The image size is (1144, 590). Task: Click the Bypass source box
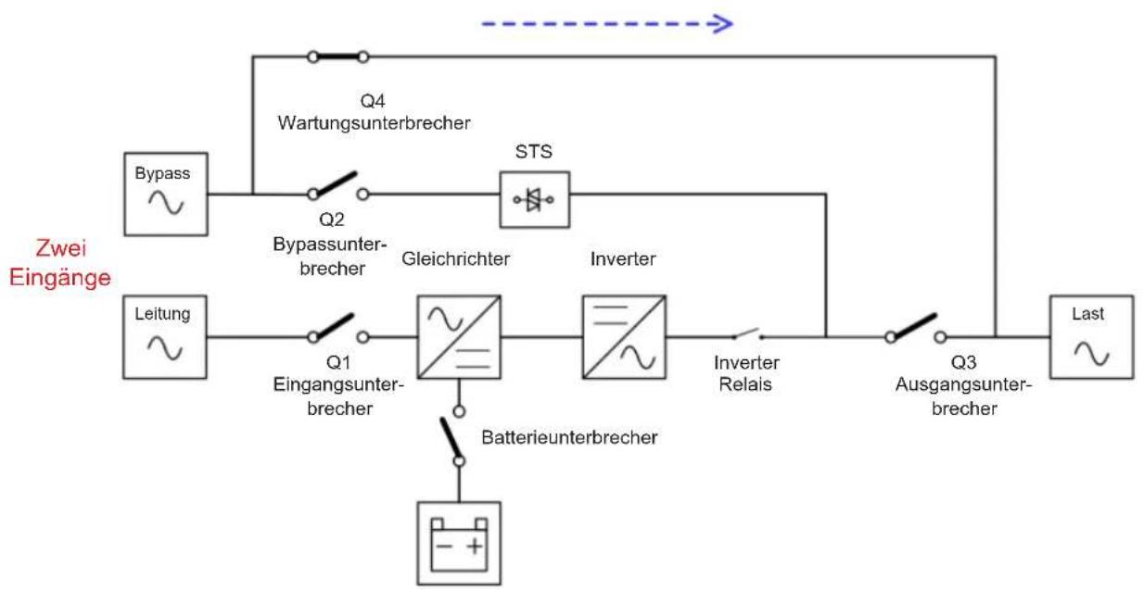(x=166, y=194)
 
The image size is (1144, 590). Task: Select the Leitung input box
(x=165, y=337)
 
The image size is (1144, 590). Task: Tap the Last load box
(x=1092, y=337)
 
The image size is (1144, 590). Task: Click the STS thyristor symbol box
(x=535, y=199)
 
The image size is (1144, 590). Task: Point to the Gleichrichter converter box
(x=459, y=337)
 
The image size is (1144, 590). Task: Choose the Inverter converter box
(x=624, y=337)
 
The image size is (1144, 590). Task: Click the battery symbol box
(x=459, y=544)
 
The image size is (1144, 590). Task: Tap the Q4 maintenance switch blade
(x=338, y=56)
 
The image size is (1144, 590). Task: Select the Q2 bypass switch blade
(x=336, y=183)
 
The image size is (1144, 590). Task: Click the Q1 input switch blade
(x=333, y=326)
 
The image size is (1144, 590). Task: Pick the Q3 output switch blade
(x=914, y=326)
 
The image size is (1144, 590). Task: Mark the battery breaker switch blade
(x=451, y=438)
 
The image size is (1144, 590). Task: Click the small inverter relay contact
(x=748, y=333)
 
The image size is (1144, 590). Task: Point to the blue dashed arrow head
(x=721, y=23)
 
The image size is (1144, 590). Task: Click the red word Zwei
(x=61, y=248)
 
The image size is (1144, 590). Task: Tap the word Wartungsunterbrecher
(x=374, y=123)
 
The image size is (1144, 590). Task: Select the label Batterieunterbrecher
(x=569, y=437)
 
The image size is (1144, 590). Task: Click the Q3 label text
(x=963, y=362)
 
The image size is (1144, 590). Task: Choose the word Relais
(x=745, y=383)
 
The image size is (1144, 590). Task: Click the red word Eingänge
(x=60, y=279)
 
